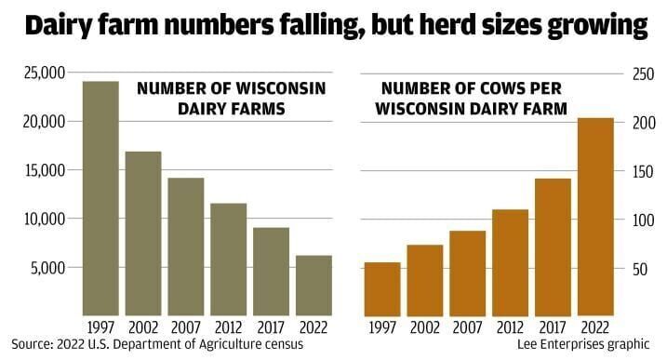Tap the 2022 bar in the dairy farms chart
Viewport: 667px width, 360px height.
(x=313, y=285)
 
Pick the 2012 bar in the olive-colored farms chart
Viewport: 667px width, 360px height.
(x=228, y=259)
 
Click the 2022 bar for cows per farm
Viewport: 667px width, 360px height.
(x=595, y=217)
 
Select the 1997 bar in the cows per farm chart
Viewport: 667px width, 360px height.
(x=382, y=288)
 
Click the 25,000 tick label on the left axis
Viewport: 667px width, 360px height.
(x=40, y=73)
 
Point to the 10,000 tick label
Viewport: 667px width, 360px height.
(x=40, y=219)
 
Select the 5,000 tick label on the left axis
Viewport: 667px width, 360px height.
(x=44, y=268)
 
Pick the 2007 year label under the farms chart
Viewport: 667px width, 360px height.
(x=186, y=327)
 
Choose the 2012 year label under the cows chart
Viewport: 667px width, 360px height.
(x=511, y=327)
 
